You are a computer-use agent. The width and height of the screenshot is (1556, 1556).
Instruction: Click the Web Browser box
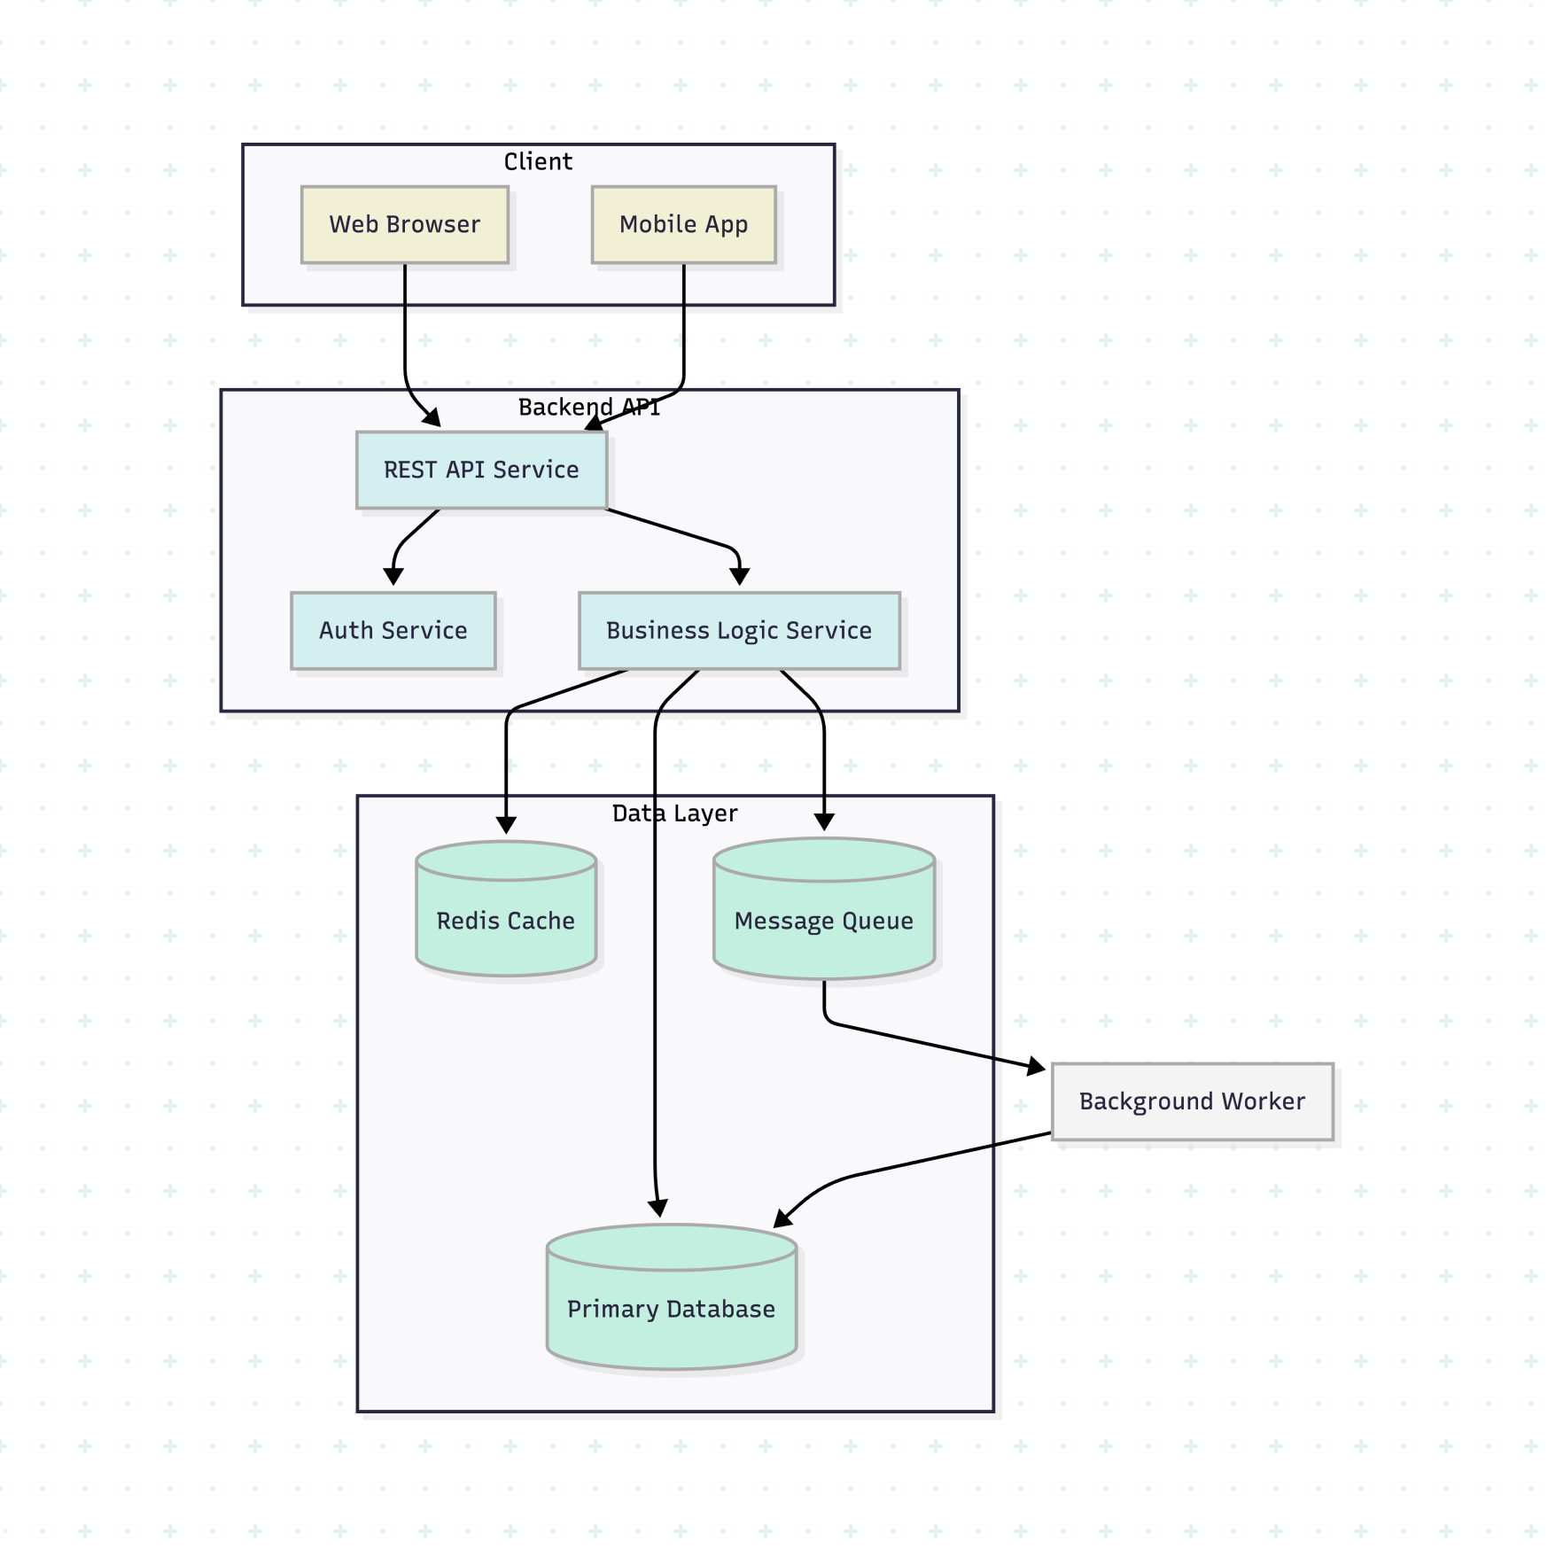(405, 224)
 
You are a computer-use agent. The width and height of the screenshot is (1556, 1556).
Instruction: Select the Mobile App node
(683, 224)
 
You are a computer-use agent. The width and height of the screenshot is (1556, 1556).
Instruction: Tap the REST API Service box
(481, 470)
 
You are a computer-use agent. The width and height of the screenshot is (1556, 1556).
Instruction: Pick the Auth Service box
(393, 630)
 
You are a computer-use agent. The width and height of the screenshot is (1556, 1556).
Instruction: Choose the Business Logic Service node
(739, 630)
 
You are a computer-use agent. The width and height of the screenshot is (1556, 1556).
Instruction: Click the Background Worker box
(1192, 1101)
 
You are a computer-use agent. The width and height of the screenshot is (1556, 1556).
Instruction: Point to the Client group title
(538, 161)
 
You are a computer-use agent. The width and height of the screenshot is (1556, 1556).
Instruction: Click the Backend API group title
(589, 407)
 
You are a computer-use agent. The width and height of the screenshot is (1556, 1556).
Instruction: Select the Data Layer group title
(674, 813)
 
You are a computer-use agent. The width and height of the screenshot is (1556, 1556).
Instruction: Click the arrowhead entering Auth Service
(393, 577)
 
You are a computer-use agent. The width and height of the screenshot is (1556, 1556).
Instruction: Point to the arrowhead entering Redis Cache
(506, 824)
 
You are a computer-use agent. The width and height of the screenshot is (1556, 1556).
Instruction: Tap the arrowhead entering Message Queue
(824, 822)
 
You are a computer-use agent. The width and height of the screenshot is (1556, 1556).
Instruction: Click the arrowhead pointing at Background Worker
(1036, 1066)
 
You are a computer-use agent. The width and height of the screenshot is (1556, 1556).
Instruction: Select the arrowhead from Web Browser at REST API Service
(432, 417)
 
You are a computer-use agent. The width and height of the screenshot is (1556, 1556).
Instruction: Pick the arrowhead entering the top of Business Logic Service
(740, 577)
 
